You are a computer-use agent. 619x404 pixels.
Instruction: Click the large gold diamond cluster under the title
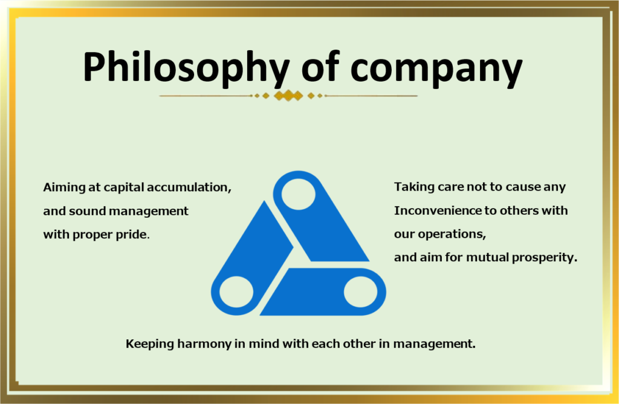pyautogui.click(x=288, y=96)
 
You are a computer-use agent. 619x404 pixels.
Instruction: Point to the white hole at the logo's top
pyautogui.click(x=298, y=194)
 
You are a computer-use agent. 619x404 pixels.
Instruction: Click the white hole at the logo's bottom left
pyautogui.click(x=236, y=292)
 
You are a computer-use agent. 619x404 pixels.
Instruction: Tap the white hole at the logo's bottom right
pyautogui.click(x=360, y=292)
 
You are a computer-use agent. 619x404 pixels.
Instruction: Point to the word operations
pyautogui.click(x=452, y=234)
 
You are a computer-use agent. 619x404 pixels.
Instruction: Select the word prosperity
pyautogui.click(x=545, y=258)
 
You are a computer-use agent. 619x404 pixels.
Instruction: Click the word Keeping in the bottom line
pyautogui.click(x=150, y=344)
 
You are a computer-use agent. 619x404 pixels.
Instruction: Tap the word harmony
pyautogui.click(x=204, y=344)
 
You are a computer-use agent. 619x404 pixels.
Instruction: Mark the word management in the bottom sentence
pyautogui.click(x=434, y=344)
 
